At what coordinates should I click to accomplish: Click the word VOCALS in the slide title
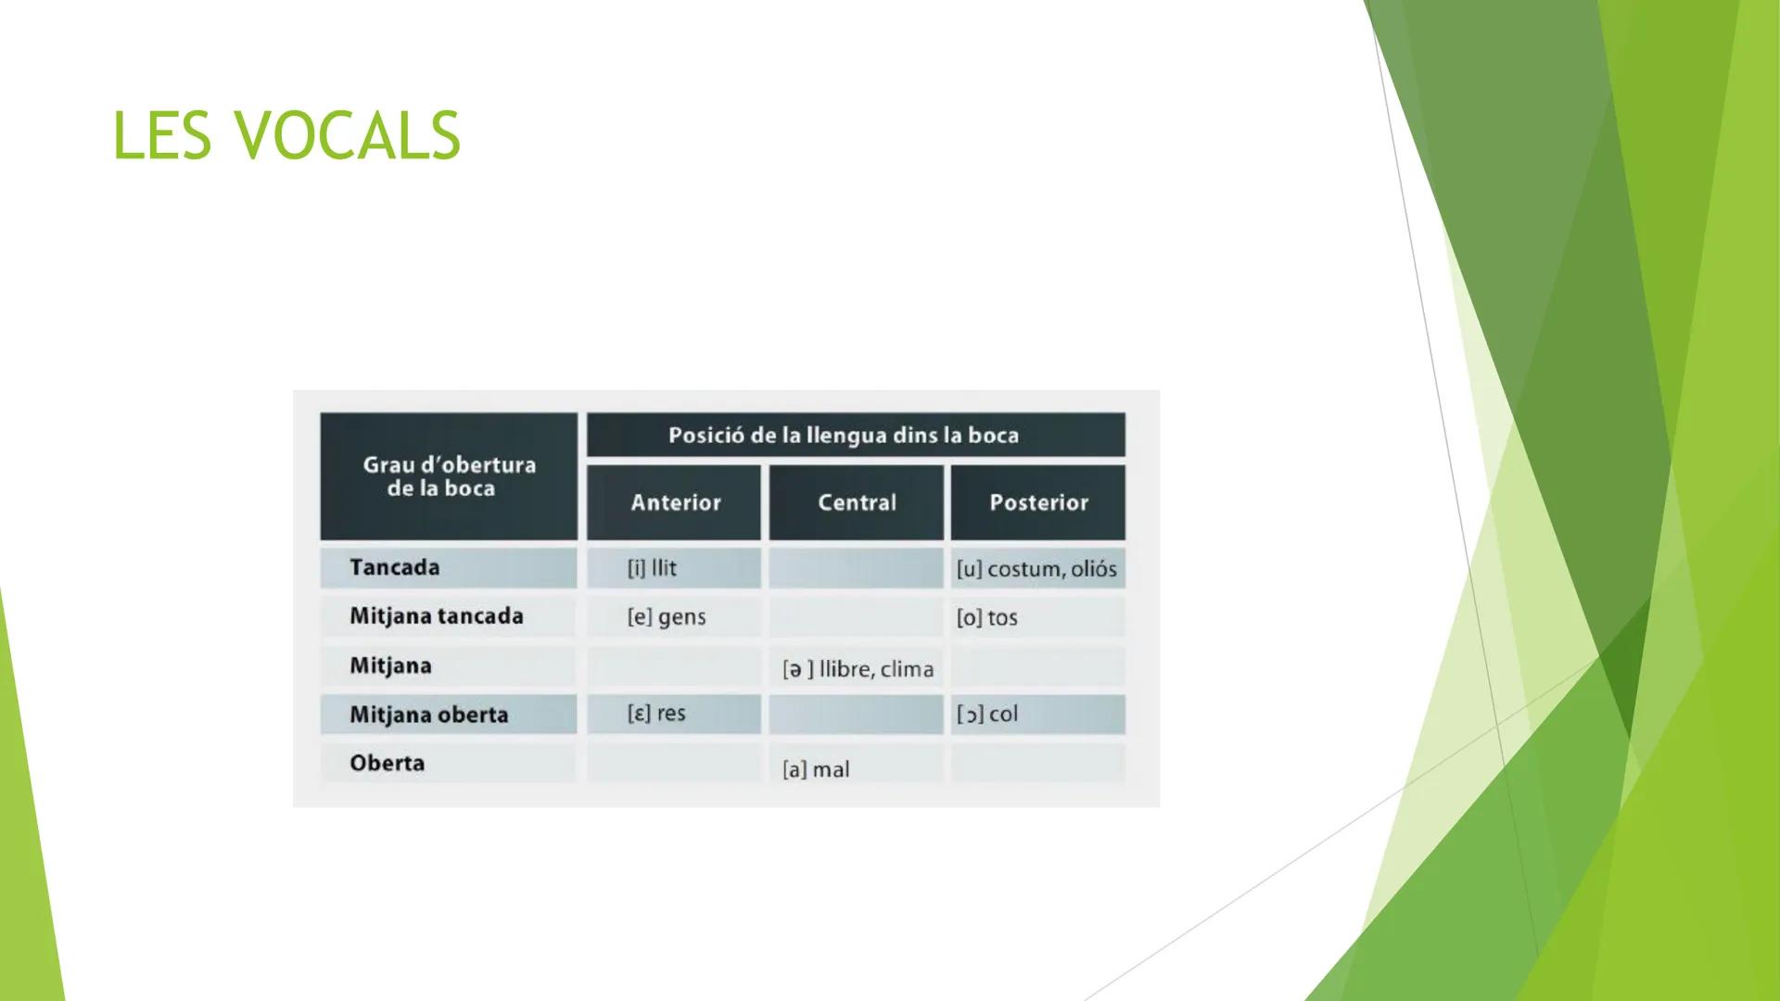click(348, 135)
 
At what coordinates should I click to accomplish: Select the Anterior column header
click(675, 502)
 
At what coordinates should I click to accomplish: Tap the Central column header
click(857, 502)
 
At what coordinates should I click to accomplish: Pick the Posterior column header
click(1038, 502)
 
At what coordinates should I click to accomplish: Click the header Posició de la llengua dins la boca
click(843, 436)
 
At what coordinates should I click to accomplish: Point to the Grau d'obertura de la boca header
click(449, 476)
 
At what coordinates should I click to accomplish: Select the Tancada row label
click(395, 567)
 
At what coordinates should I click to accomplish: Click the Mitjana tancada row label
click(436, 616)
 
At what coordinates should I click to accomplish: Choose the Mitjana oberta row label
click(428, 715)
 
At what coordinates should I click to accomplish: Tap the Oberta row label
click(387, 763)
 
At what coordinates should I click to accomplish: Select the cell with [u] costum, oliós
click(1036, 569)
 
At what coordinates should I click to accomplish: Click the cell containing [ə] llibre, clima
click(858, 669)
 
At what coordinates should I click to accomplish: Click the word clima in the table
click(907, 669)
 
